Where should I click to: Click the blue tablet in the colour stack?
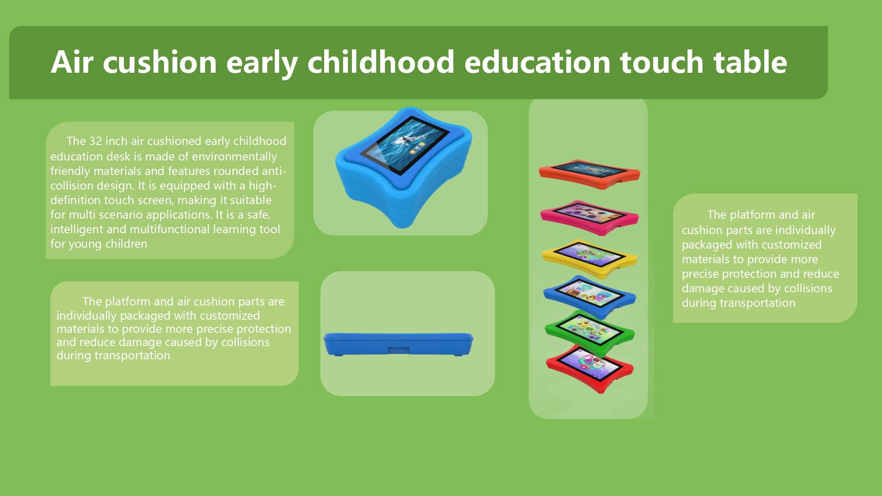coord(590,295)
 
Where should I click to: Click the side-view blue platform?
coord(398,344)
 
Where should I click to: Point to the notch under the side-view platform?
coord(398,350)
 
